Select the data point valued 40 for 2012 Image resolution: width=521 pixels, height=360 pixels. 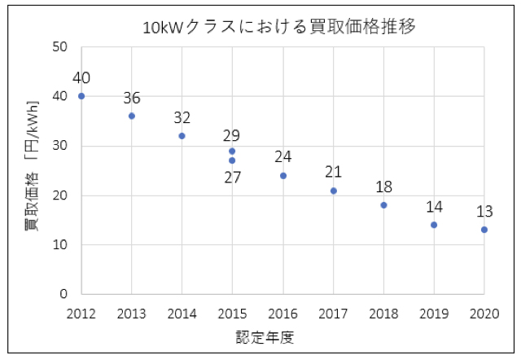point(81,96)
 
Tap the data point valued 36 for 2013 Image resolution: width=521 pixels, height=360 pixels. point(132,116)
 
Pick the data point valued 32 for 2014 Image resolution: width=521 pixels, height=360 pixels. point(182,136)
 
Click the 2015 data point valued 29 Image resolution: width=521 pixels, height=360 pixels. point(232,151)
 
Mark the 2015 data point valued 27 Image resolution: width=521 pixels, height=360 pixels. point(232,160)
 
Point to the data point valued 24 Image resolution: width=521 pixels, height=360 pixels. point(283,176)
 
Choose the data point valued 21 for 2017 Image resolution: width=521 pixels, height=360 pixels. point(334,191)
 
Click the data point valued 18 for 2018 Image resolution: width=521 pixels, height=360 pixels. point(383,205)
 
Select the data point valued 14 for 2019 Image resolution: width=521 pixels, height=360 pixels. point(434,225)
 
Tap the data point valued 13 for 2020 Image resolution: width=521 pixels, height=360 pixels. point(484,230)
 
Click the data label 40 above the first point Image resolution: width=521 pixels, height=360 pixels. point(81,78)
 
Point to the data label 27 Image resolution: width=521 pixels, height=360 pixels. point(233,177)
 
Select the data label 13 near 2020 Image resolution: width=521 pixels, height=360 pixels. point(484,212)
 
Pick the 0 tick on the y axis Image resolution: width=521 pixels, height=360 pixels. point(63,294)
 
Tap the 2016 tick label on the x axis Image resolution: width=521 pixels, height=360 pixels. point(283,314)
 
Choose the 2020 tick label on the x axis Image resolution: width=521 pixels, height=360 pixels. point(484,314)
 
